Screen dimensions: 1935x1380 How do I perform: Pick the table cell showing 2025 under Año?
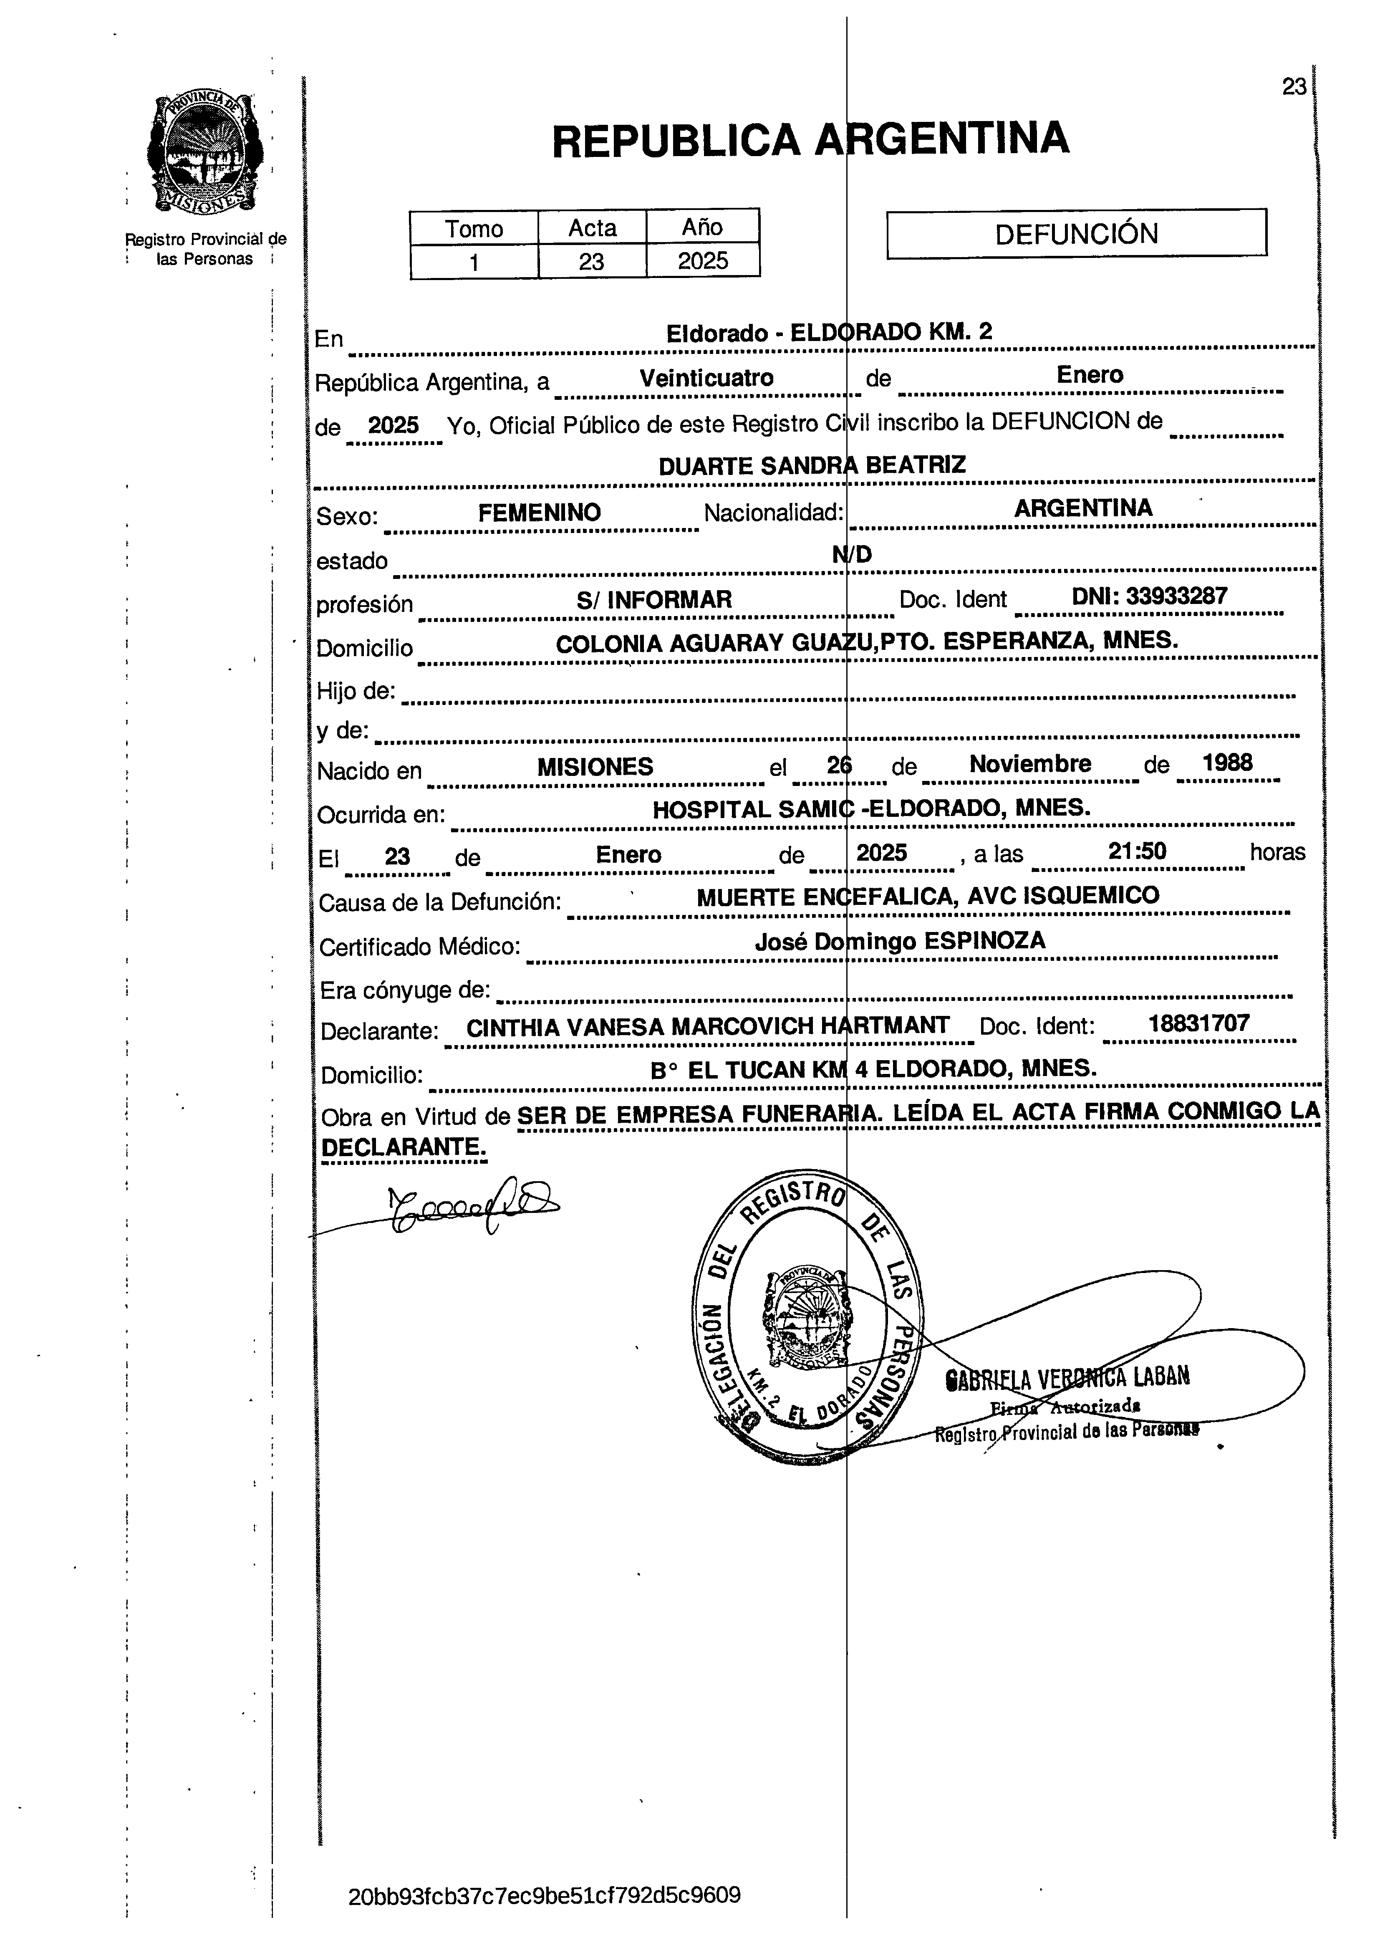[703, 260]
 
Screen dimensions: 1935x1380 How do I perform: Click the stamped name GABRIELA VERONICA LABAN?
[1067, 1377]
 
